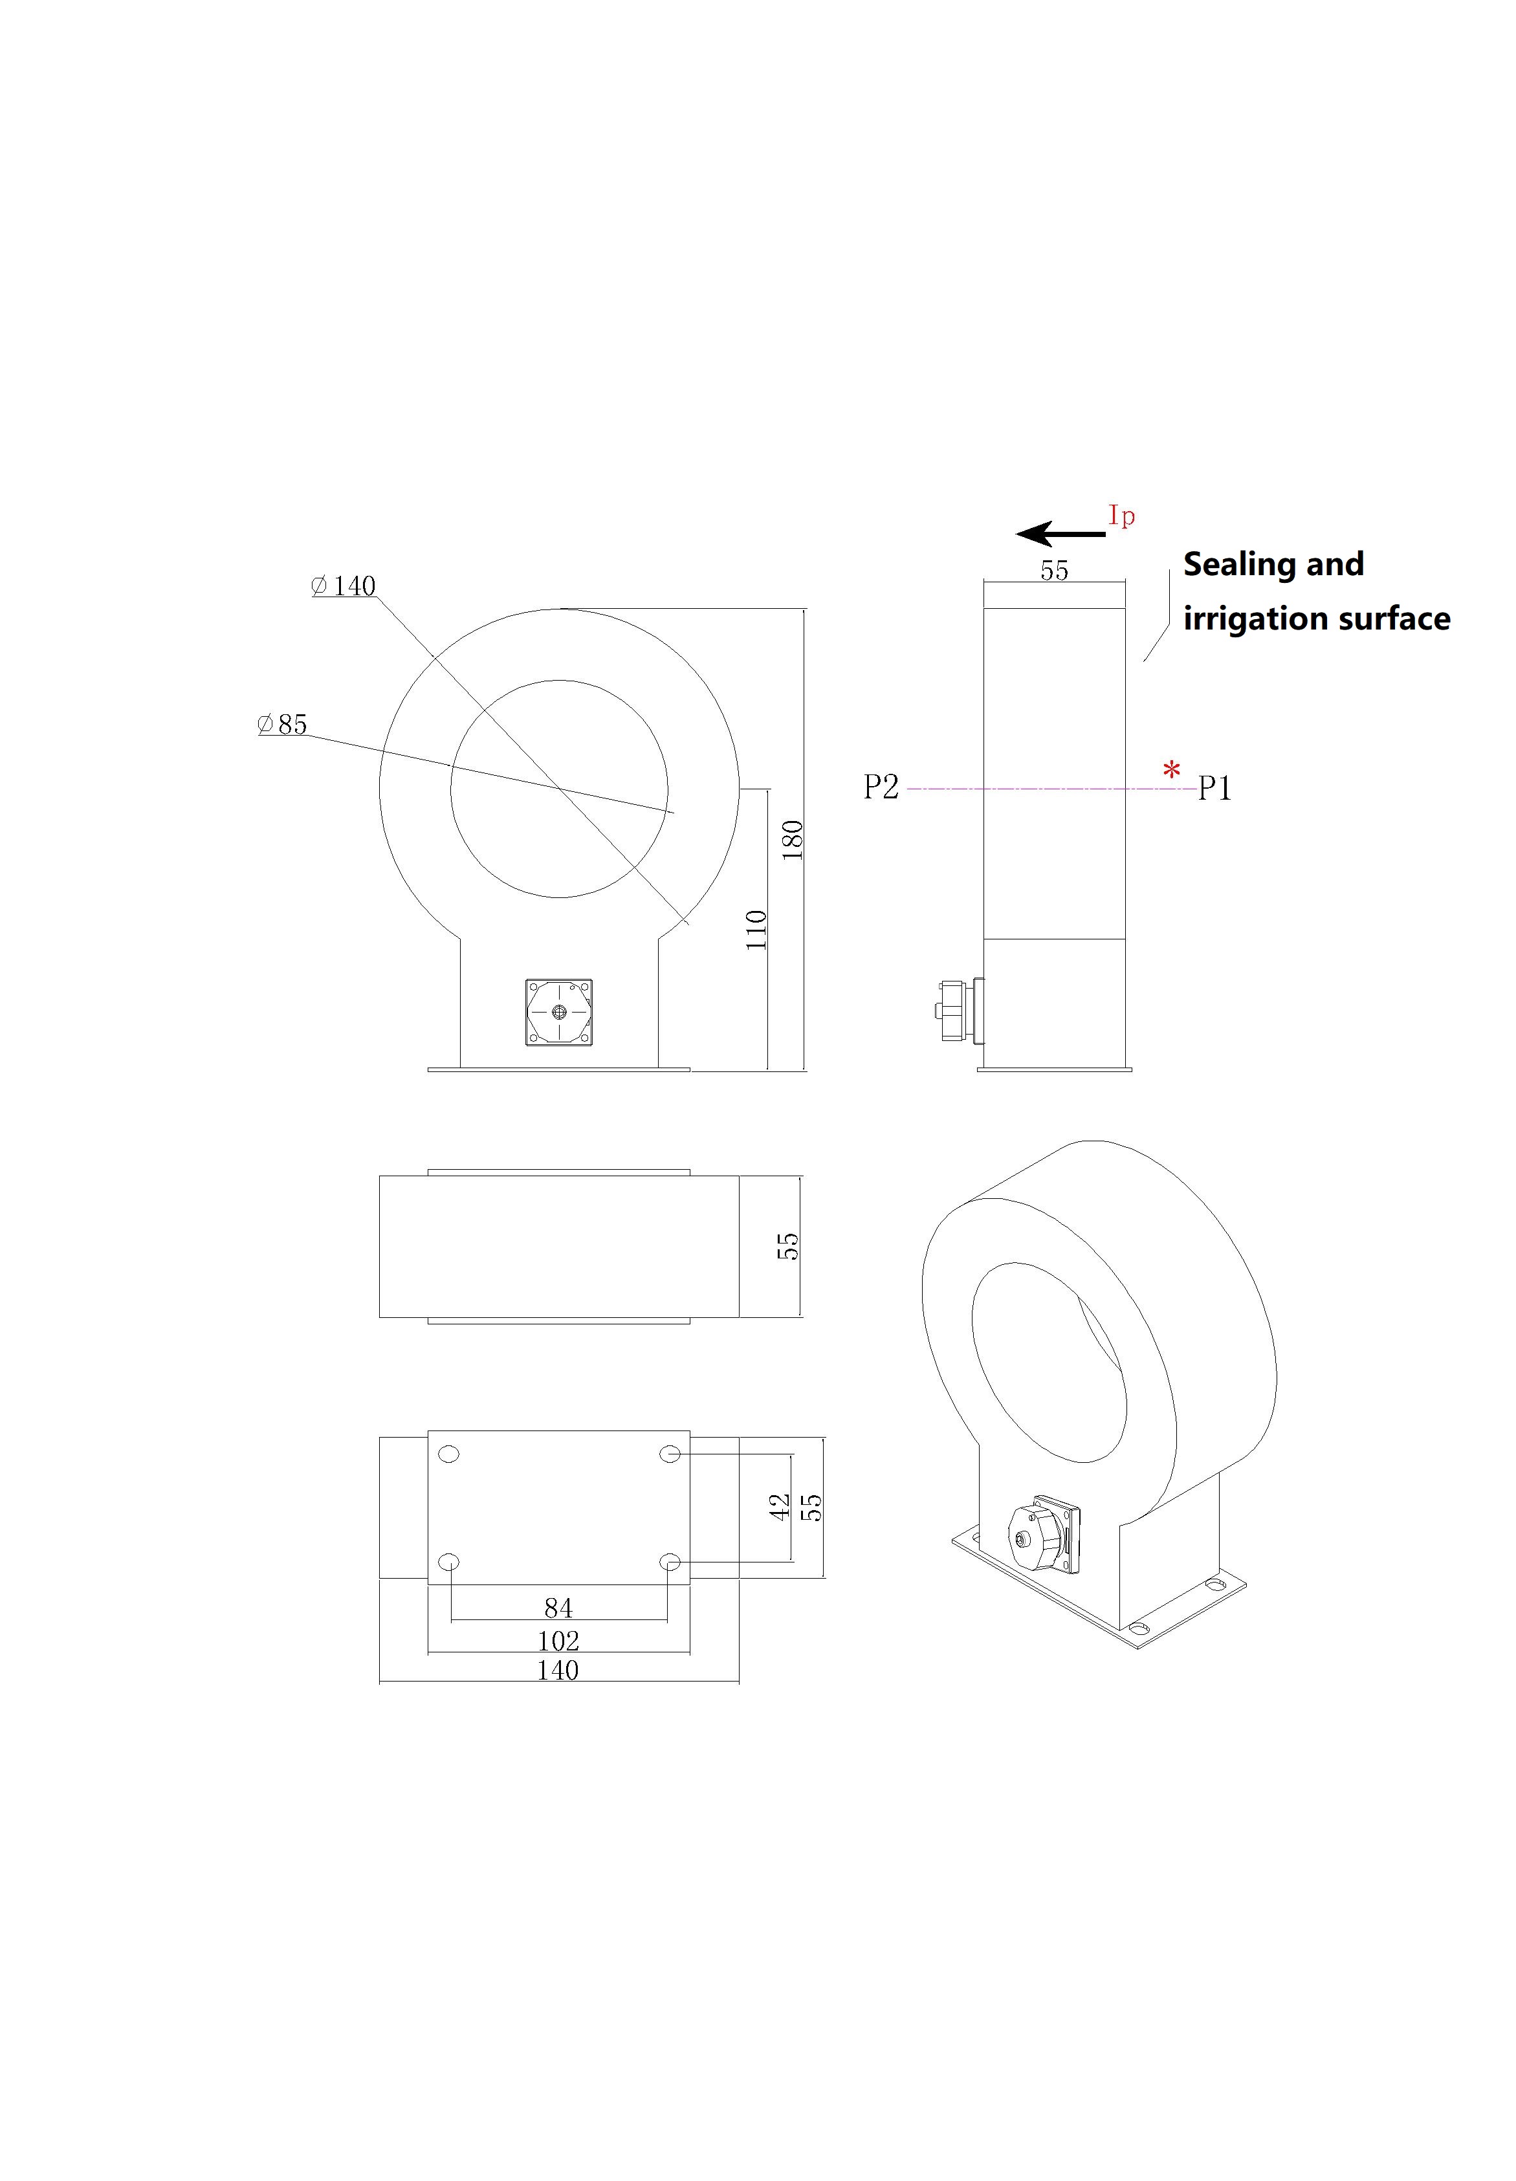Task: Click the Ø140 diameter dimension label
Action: pyautogui.click(x=344, y=586)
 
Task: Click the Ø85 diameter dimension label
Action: pyautogui.click(x=282, y=725)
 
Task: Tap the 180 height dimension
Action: pyautogui.click(x=792, y=840)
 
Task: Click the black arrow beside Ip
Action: pyautogui.click(x=1061, y=534)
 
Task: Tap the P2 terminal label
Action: pyautogui.click(x=881, y=787)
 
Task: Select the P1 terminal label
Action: pyautogui.click(x=1214, y=789)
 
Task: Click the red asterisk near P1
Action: pyautogui.click(x=1173, y=769)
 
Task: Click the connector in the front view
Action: pyautogui.click(x=558, y=1013)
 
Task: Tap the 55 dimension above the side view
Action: pyautogui.click(x=1055, y=571)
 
